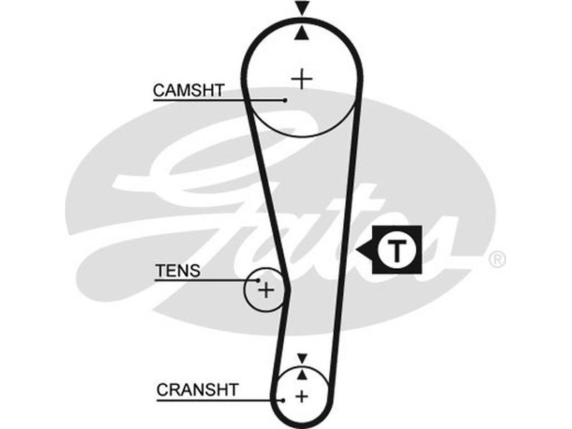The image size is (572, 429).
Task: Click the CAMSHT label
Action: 189,90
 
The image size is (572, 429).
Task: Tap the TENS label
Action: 178,271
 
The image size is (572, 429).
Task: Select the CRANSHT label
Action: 197,390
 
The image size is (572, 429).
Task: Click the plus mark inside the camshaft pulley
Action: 302,78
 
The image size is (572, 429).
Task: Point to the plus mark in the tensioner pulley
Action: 265,290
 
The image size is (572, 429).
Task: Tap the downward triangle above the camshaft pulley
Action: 303,9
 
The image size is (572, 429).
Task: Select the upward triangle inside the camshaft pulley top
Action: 303,31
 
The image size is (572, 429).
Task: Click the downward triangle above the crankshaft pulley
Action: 302,357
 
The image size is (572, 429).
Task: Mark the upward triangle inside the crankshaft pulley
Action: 302,373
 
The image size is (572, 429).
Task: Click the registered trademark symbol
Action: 496,260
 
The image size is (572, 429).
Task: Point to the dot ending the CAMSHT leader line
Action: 285,100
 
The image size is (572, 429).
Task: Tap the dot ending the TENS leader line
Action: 259,280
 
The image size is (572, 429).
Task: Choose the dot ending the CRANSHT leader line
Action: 284,400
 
